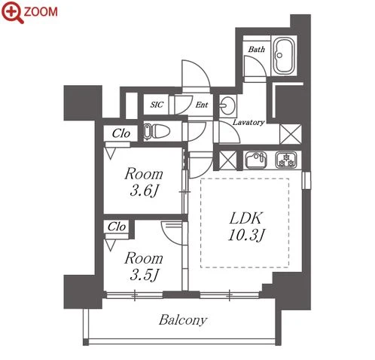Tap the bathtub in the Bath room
pyautogui.click(x=284, y=56)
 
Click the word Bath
pyautogui.click(x=256, y=49)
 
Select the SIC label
pyautogui.click(x=157, y=105)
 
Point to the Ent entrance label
pyautogui.click(x=202, y=105)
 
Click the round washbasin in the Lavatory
pyautogui.click(x=227, y=105)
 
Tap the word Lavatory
pyautogui.click(x=248, y=122)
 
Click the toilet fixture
pyautogui.click(x=157, y=131)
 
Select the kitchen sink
pyautogui.click(x=256, y=160)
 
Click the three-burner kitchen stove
pyautogui.click(x=286, y=160)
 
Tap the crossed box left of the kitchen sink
pyautogui.click(x=228, y=160)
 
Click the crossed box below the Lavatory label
pyautogui.click(x=291, y=134)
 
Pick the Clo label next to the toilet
pyautogui.click(x=121, y=133)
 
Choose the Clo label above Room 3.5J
pyautogui.click(x=117, y=227)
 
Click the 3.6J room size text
pyautogui.click(x=144, y=191)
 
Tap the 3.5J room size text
pyautogui.click(x=144, y=275)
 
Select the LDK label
pyautogui.click(x=246, y=218)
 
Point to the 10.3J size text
pyautogui.click(x=246, y=235)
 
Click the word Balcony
pyautogui.click(x=183, y=320)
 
